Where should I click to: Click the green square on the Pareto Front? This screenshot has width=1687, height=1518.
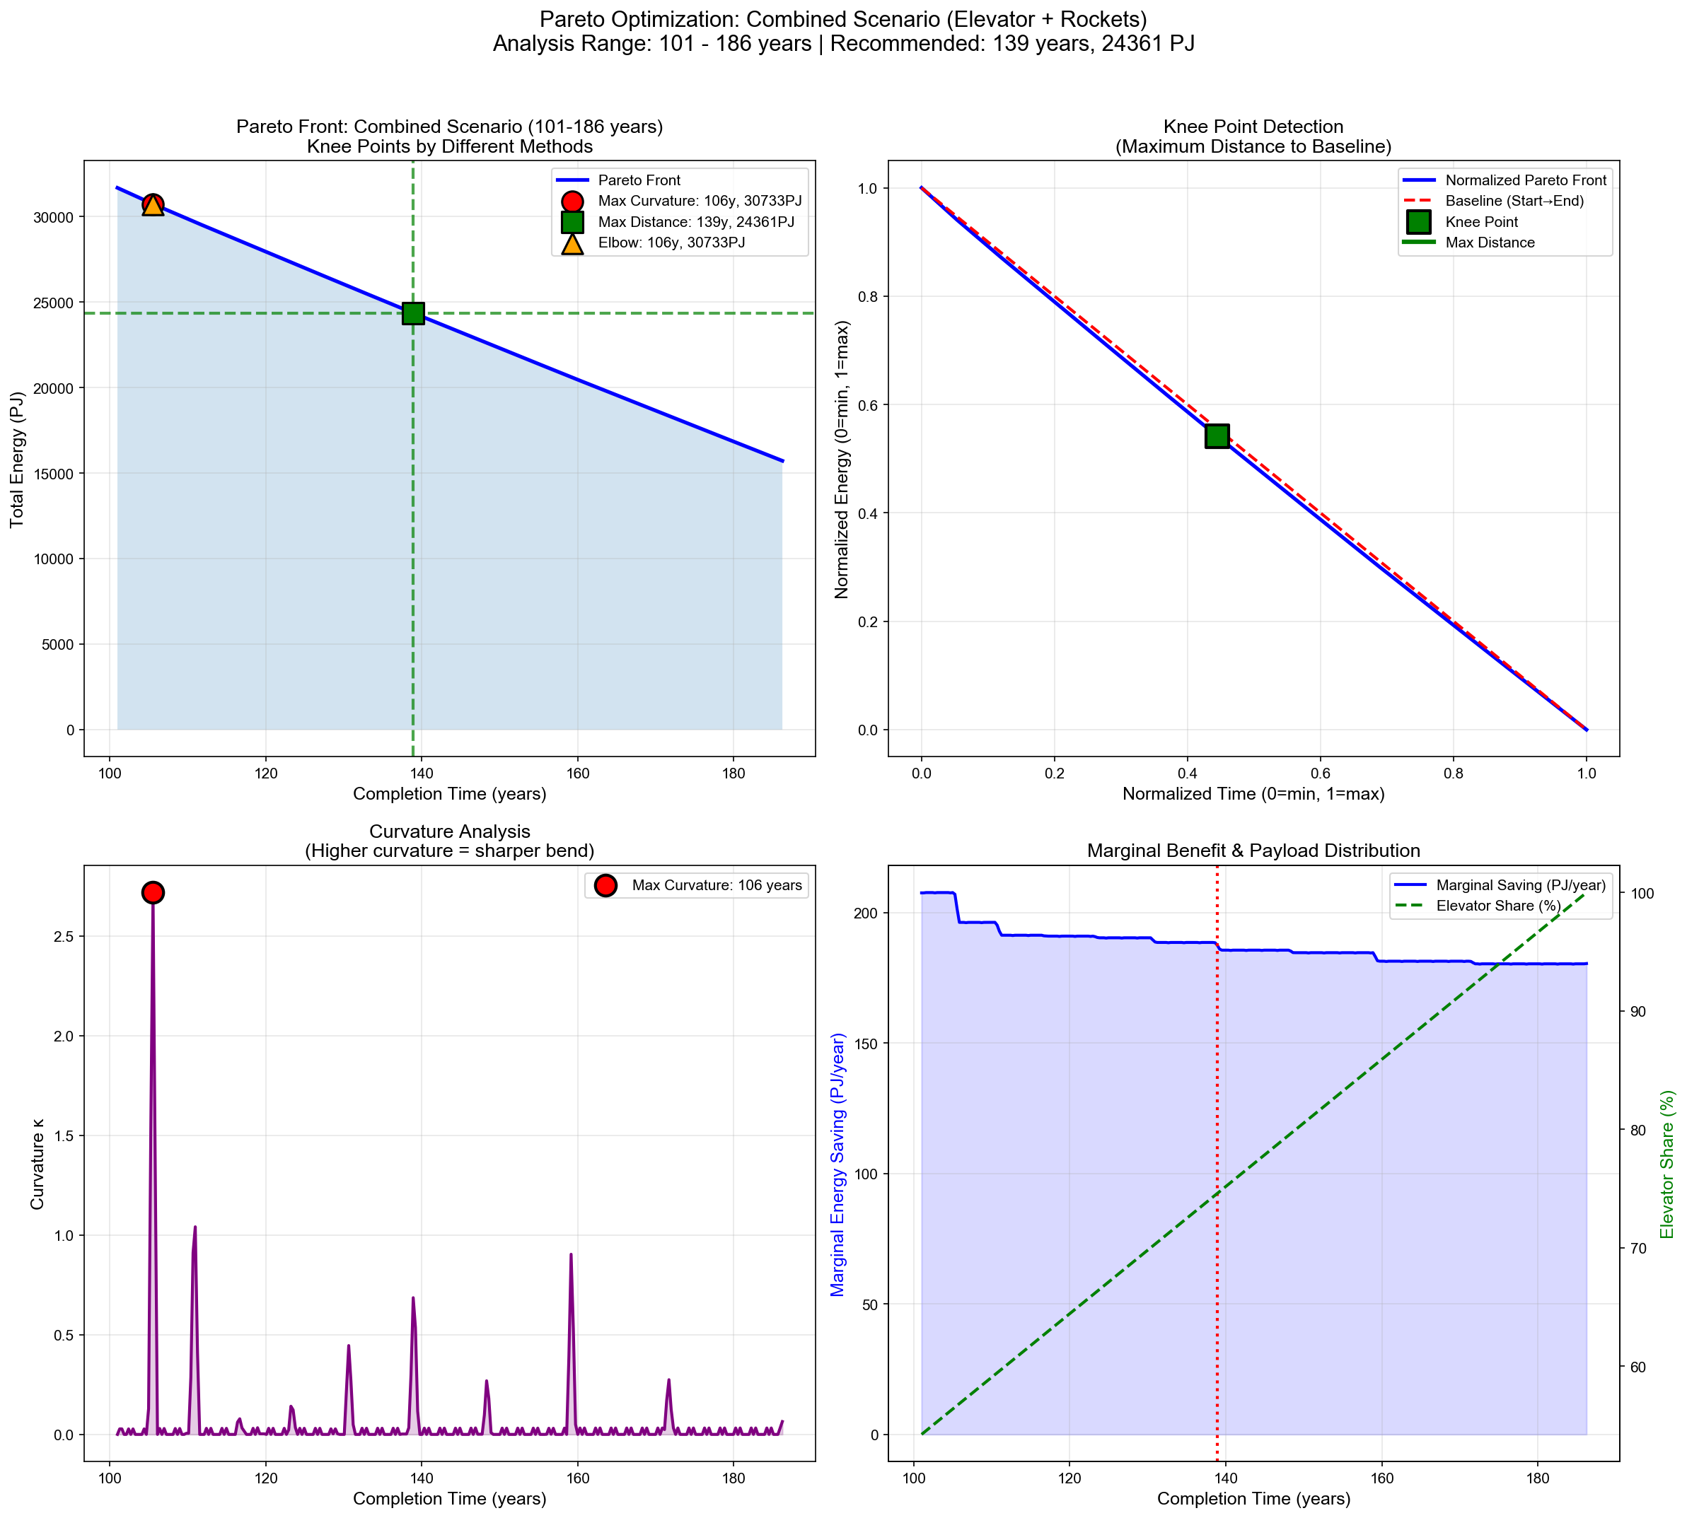point(413,314)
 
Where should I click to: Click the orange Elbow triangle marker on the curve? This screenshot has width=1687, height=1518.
point(153,205)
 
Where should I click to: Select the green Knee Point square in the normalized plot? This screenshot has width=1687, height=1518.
point(1217,436)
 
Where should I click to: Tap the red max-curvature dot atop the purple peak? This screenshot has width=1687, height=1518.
point(153,892)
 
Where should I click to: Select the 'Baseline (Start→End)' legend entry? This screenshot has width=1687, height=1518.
point(1514,201)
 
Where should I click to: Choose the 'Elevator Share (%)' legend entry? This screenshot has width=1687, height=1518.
point(1498,906)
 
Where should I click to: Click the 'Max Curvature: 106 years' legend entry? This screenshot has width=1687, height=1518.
point(716,885)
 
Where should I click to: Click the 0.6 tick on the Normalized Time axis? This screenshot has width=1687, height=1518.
point(1320,773)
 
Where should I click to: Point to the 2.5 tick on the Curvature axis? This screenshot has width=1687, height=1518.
point(64,936)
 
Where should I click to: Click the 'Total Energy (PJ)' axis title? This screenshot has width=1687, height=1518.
point(17,460)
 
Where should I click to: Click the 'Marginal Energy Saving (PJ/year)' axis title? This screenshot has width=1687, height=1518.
point(837,1164)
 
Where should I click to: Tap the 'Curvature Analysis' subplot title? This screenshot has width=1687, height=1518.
point(449,831)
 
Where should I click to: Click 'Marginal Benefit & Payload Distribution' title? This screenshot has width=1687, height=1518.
point(1253,851)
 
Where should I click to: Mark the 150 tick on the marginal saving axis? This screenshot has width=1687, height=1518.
point(868,1044)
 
